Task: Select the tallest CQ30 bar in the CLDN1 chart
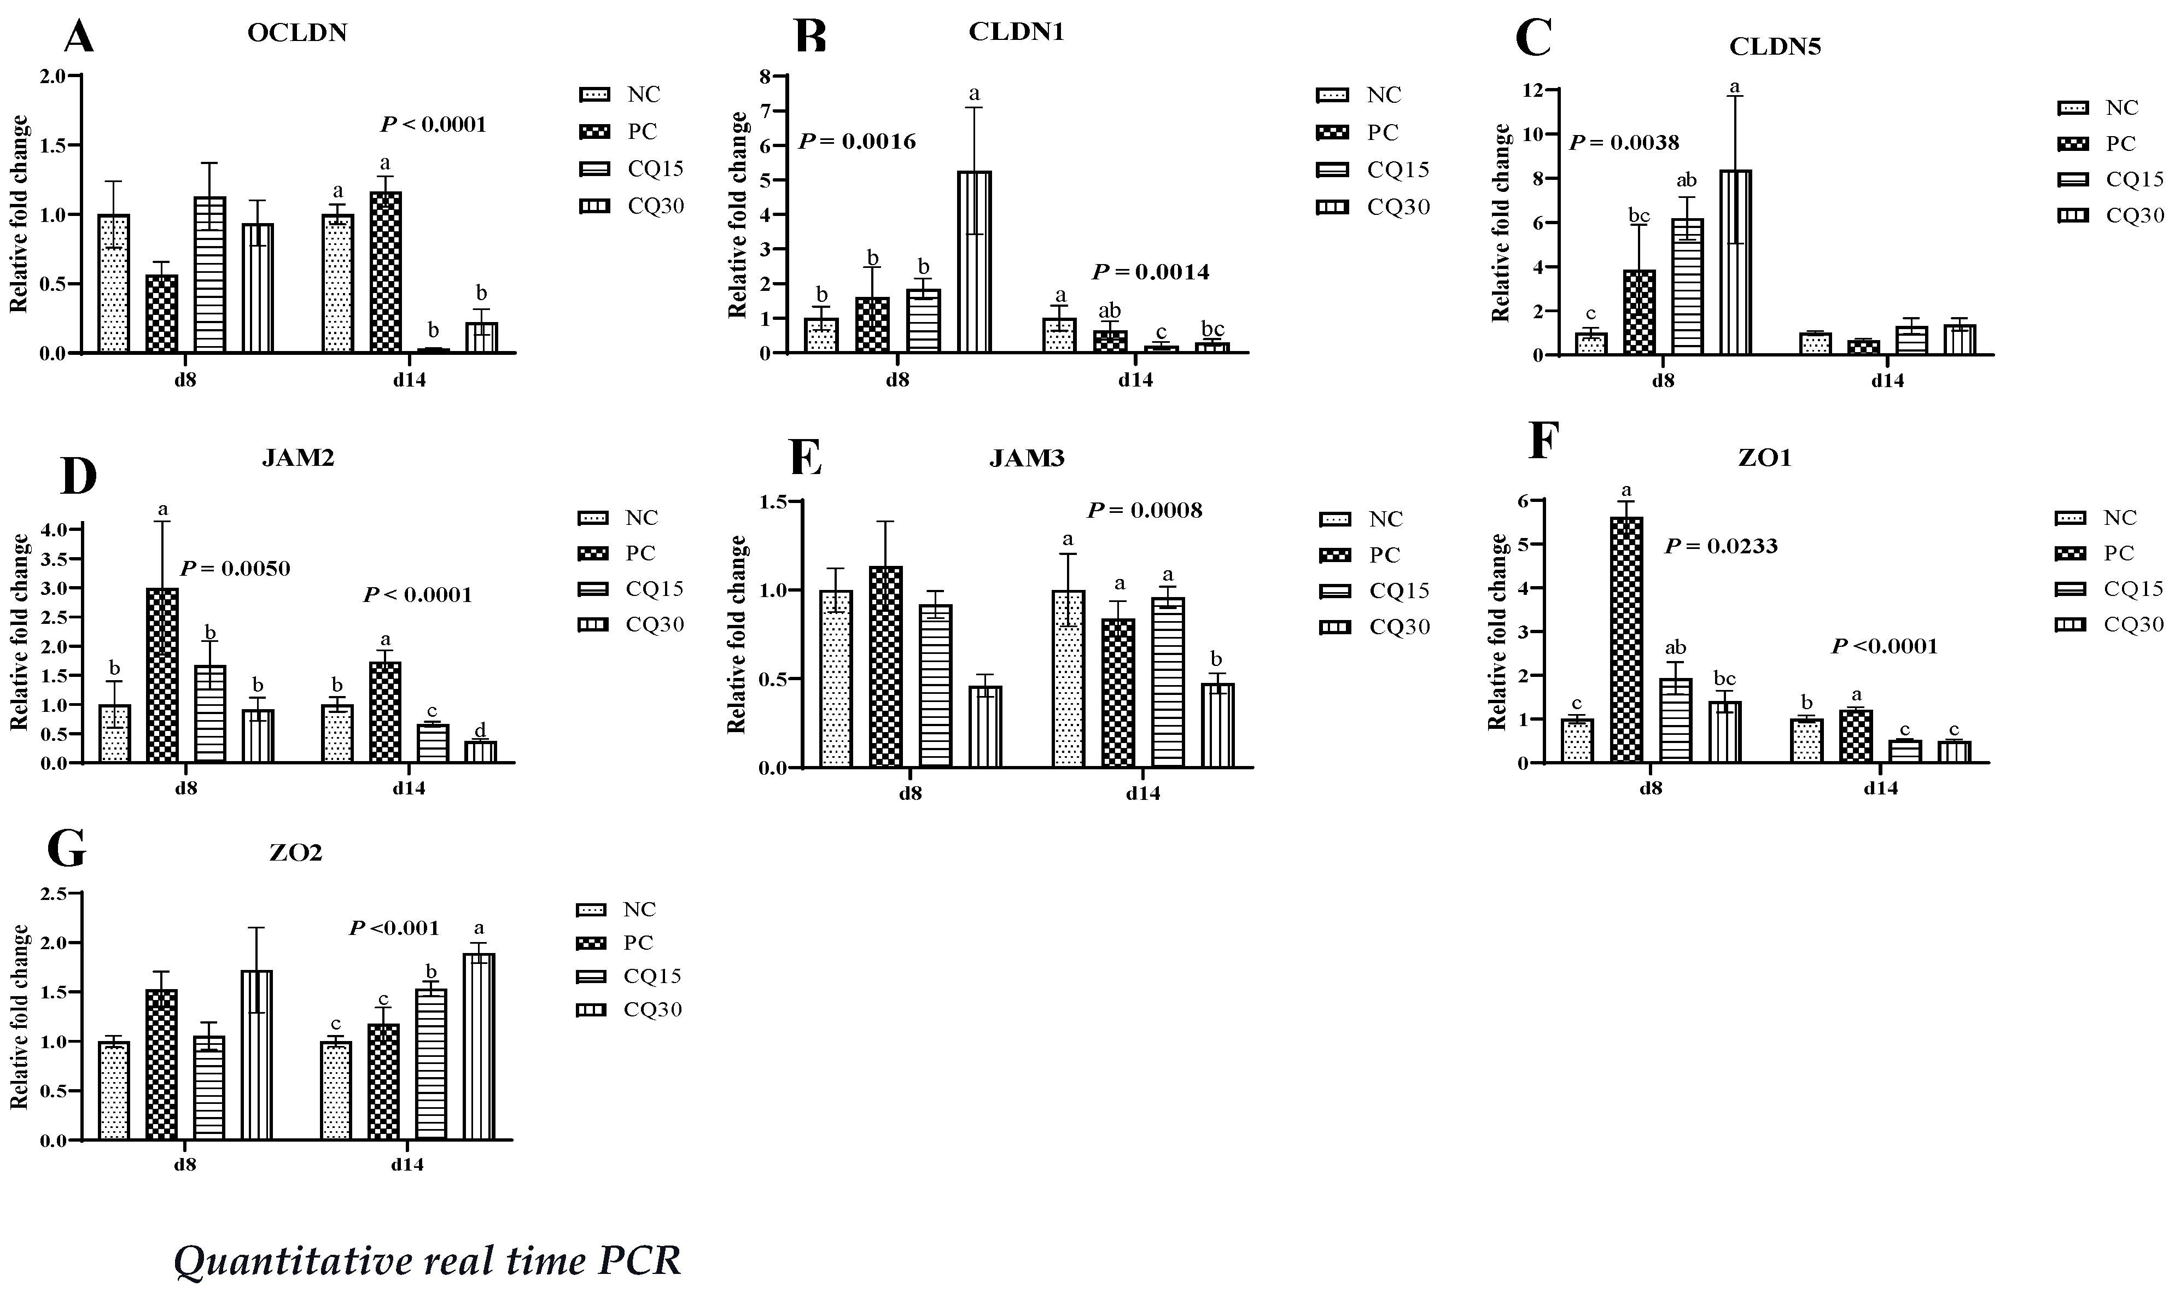click(974, 262)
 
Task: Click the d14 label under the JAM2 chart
click(409, 787)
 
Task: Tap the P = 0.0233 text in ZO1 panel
click(1720, 547)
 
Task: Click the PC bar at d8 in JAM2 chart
click(162, 675)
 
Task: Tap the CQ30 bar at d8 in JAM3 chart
click(985, 726)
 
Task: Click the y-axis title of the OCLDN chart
click(19, 214)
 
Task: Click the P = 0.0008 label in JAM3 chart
click(1144, 510)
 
